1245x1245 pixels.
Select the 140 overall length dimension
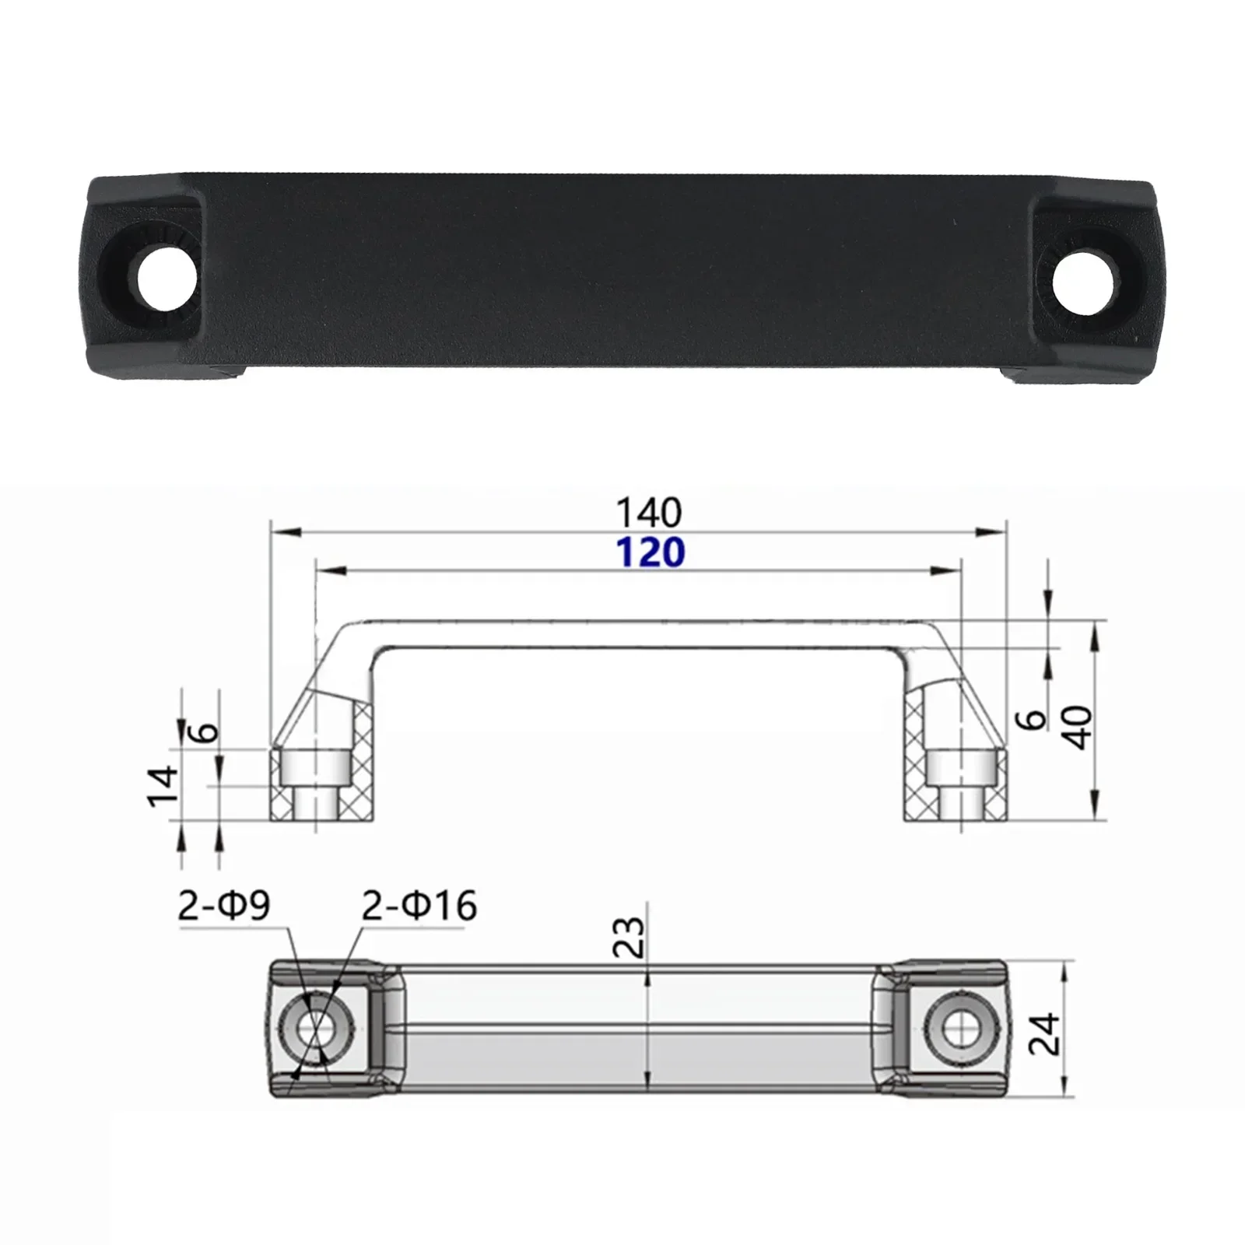[x=648, y=513]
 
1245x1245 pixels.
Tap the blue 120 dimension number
[x=651, y=552]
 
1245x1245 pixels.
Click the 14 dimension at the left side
[x=163, y=786]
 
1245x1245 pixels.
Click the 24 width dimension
[x=1043, y=1033]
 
